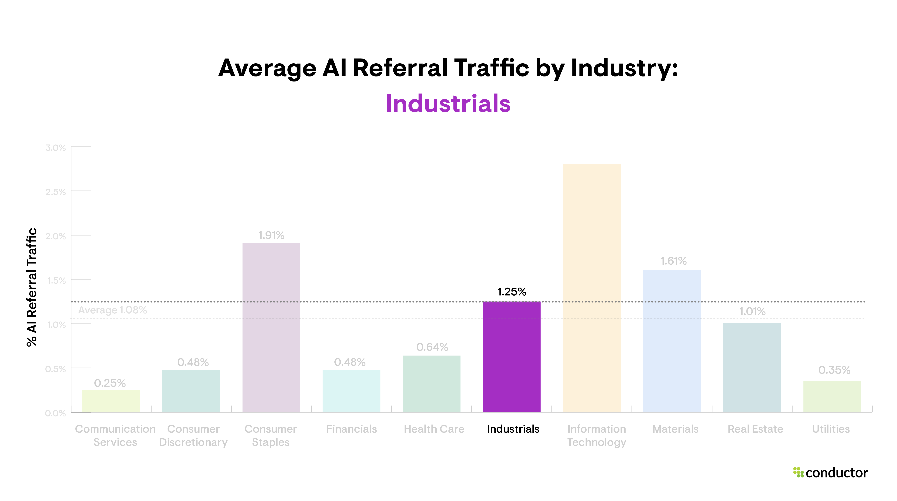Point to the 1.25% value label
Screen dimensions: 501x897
(511, 292)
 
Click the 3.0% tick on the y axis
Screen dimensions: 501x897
(55, 148)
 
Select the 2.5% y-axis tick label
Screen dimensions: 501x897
(55, 192)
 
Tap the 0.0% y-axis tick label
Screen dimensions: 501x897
(55, 413)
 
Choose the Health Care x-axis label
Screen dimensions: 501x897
(434, 429)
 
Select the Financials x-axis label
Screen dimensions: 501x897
(351, 429)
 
